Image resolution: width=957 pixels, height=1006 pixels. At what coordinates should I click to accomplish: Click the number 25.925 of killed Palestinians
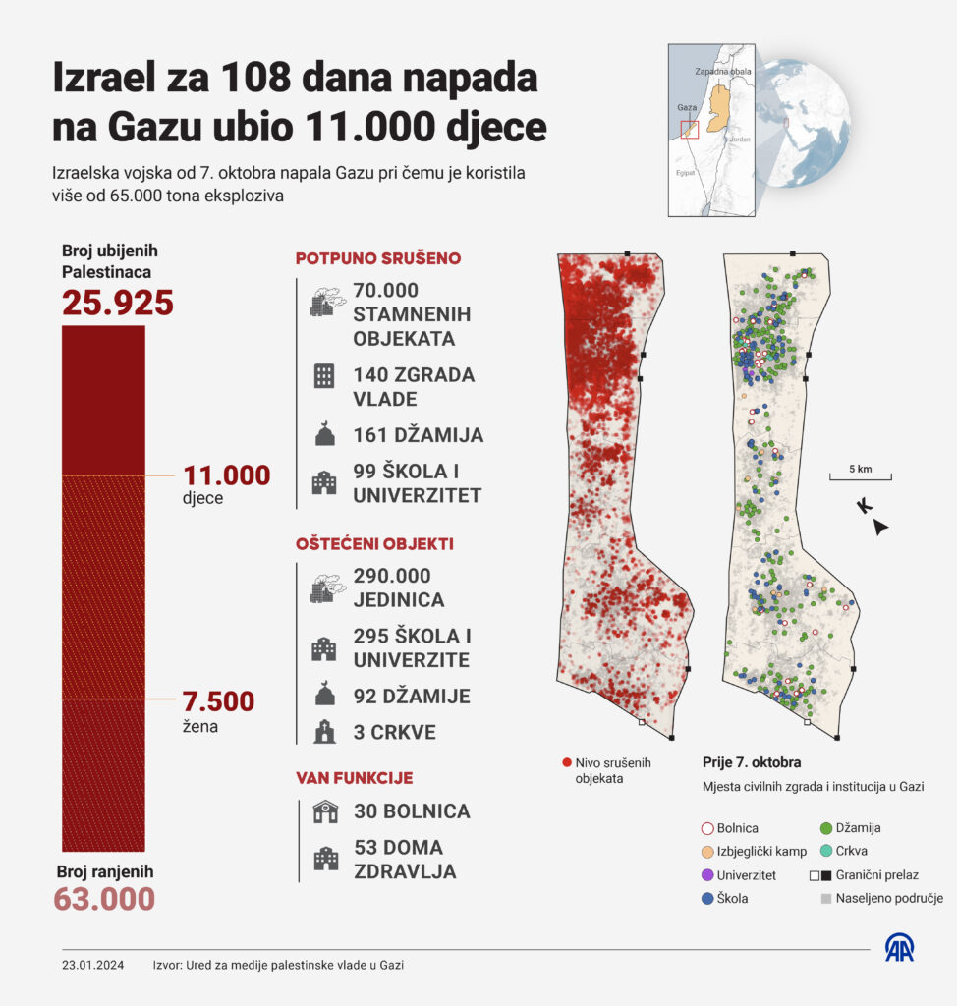[x=118, y=303]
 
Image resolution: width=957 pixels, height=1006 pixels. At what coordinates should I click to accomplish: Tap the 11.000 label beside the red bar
[x=226, y=475]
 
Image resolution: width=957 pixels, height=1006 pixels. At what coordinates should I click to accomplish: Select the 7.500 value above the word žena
[x=218, y=701]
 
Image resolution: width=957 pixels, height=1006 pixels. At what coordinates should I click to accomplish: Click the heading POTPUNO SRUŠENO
[x=378, y=259]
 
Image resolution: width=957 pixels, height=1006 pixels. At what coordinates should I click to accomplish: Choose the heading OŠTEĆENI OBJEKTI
[x=374, y=543]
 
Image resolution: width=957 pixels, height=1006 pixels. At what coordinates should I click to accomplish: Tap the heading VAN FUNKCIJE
[x=354, y=778]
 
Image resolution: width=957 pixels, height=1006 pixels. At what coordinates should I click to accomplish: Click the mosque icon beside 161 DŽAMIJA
[x=324, y=434]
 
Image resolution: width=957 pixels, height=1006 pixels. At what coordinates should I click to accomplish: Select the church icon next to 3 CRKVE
[x=324, y=732]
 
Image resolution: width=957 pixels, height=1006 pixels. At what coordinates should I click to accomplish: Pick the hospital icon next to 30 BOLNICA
[x=324, y=811]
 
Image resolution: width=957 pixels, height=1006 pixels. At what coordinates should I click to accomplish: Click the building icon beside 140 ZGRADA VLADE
[x=324, y=375]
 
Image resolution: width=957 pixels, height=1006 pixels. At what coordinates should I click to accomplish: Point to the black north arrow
[x=880, y=528]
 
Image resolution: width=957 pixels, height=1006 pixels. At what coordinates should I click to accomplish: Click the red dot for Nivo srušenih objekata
[x=566, y=762]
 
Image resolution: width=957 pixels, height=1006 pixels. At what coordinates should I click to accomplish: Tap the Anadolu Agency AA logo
[x=899, y=947]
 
